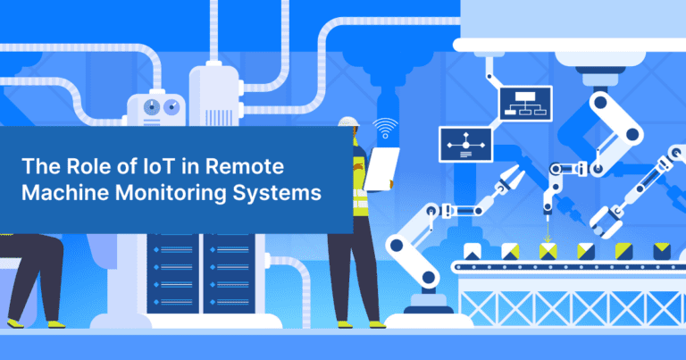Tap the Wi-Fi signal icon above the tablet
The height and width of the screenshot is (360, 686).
pos(386,129)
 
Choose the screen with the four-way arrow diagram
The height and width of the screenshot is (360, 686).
pos(465,144)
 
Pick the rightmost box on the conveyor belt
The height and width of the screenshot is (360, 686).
pos(662,249)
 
